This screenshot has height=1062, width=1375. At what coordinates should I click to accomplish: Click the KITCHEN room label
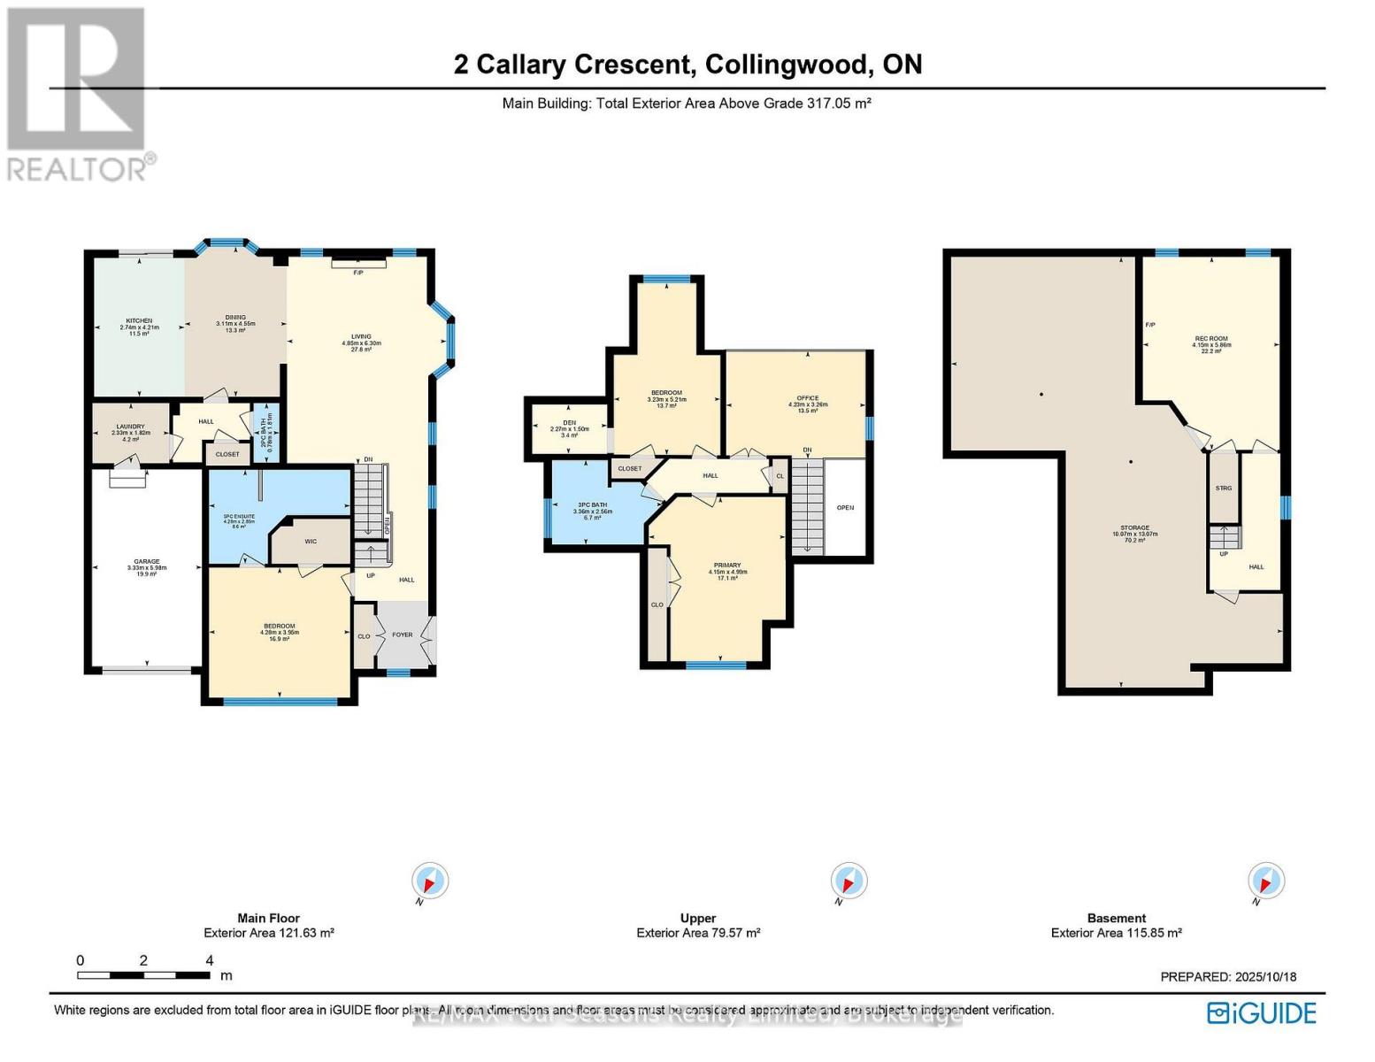(x=139, y=320)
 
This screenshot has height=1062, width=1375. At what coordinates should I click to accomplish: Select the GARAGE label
(x=147, y=562)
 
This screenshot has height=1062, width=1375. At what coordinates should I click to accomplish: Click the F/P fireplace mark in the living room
(x=358, y=273)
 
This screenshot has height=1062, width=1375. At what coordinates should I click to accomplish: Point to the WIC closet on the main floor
(x=311, y=542)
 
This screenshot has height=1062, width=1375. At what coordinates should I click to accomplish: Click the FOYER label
(x=403, y=635)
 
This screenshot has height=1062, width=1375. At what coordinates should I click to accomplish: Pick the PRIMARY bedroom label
(x=727, y=566)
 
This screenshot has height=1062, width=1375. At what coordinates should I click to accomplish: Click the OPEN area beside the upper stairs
(x=845, y=508)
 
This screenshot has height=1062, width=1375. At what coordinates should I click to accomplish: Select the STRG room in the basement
(x=1224, y=489)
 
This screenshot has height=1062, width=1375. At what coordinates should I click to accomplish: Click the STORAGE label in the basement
(x=1134, y=528)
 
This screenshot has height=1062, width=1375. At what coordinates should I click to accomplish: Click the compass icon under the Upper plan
(x=849, y=881)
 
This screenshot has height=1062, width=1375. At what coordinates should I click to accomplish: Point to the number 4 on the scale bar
(x=210, y=961)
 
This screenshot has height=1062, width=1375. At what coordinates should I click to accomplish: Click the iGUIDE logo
(x=1263, y=1012)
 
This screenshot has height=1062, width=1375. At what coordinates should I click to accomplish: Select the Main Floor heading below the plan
(x=268, y=919)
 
